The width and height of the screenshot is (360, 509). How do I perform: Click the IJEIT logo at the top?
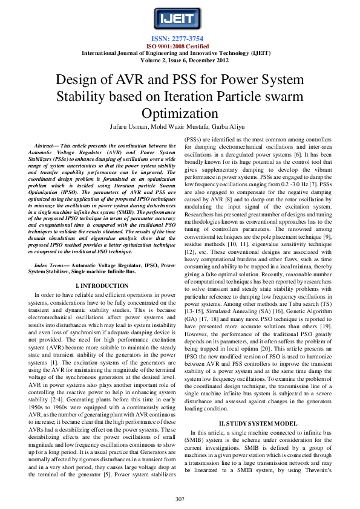click(x=179, y=19)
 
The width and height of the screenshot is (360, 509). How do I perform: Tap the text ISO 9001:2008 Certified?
click(x=179, y=45)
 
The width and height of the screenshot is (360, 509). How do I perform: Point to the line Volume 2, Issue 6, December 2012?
click(x=179, y=60)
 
